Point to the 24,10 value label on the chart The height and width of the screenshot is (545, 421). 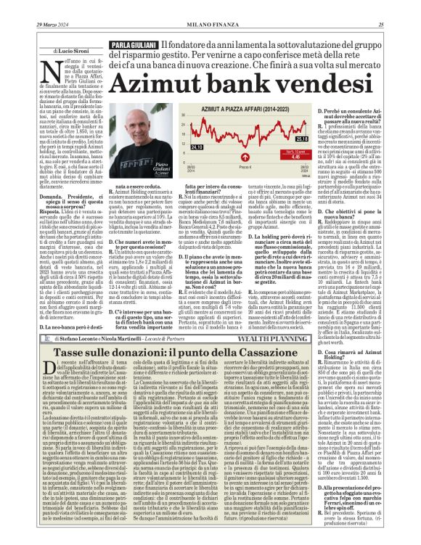click(175, 147)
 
